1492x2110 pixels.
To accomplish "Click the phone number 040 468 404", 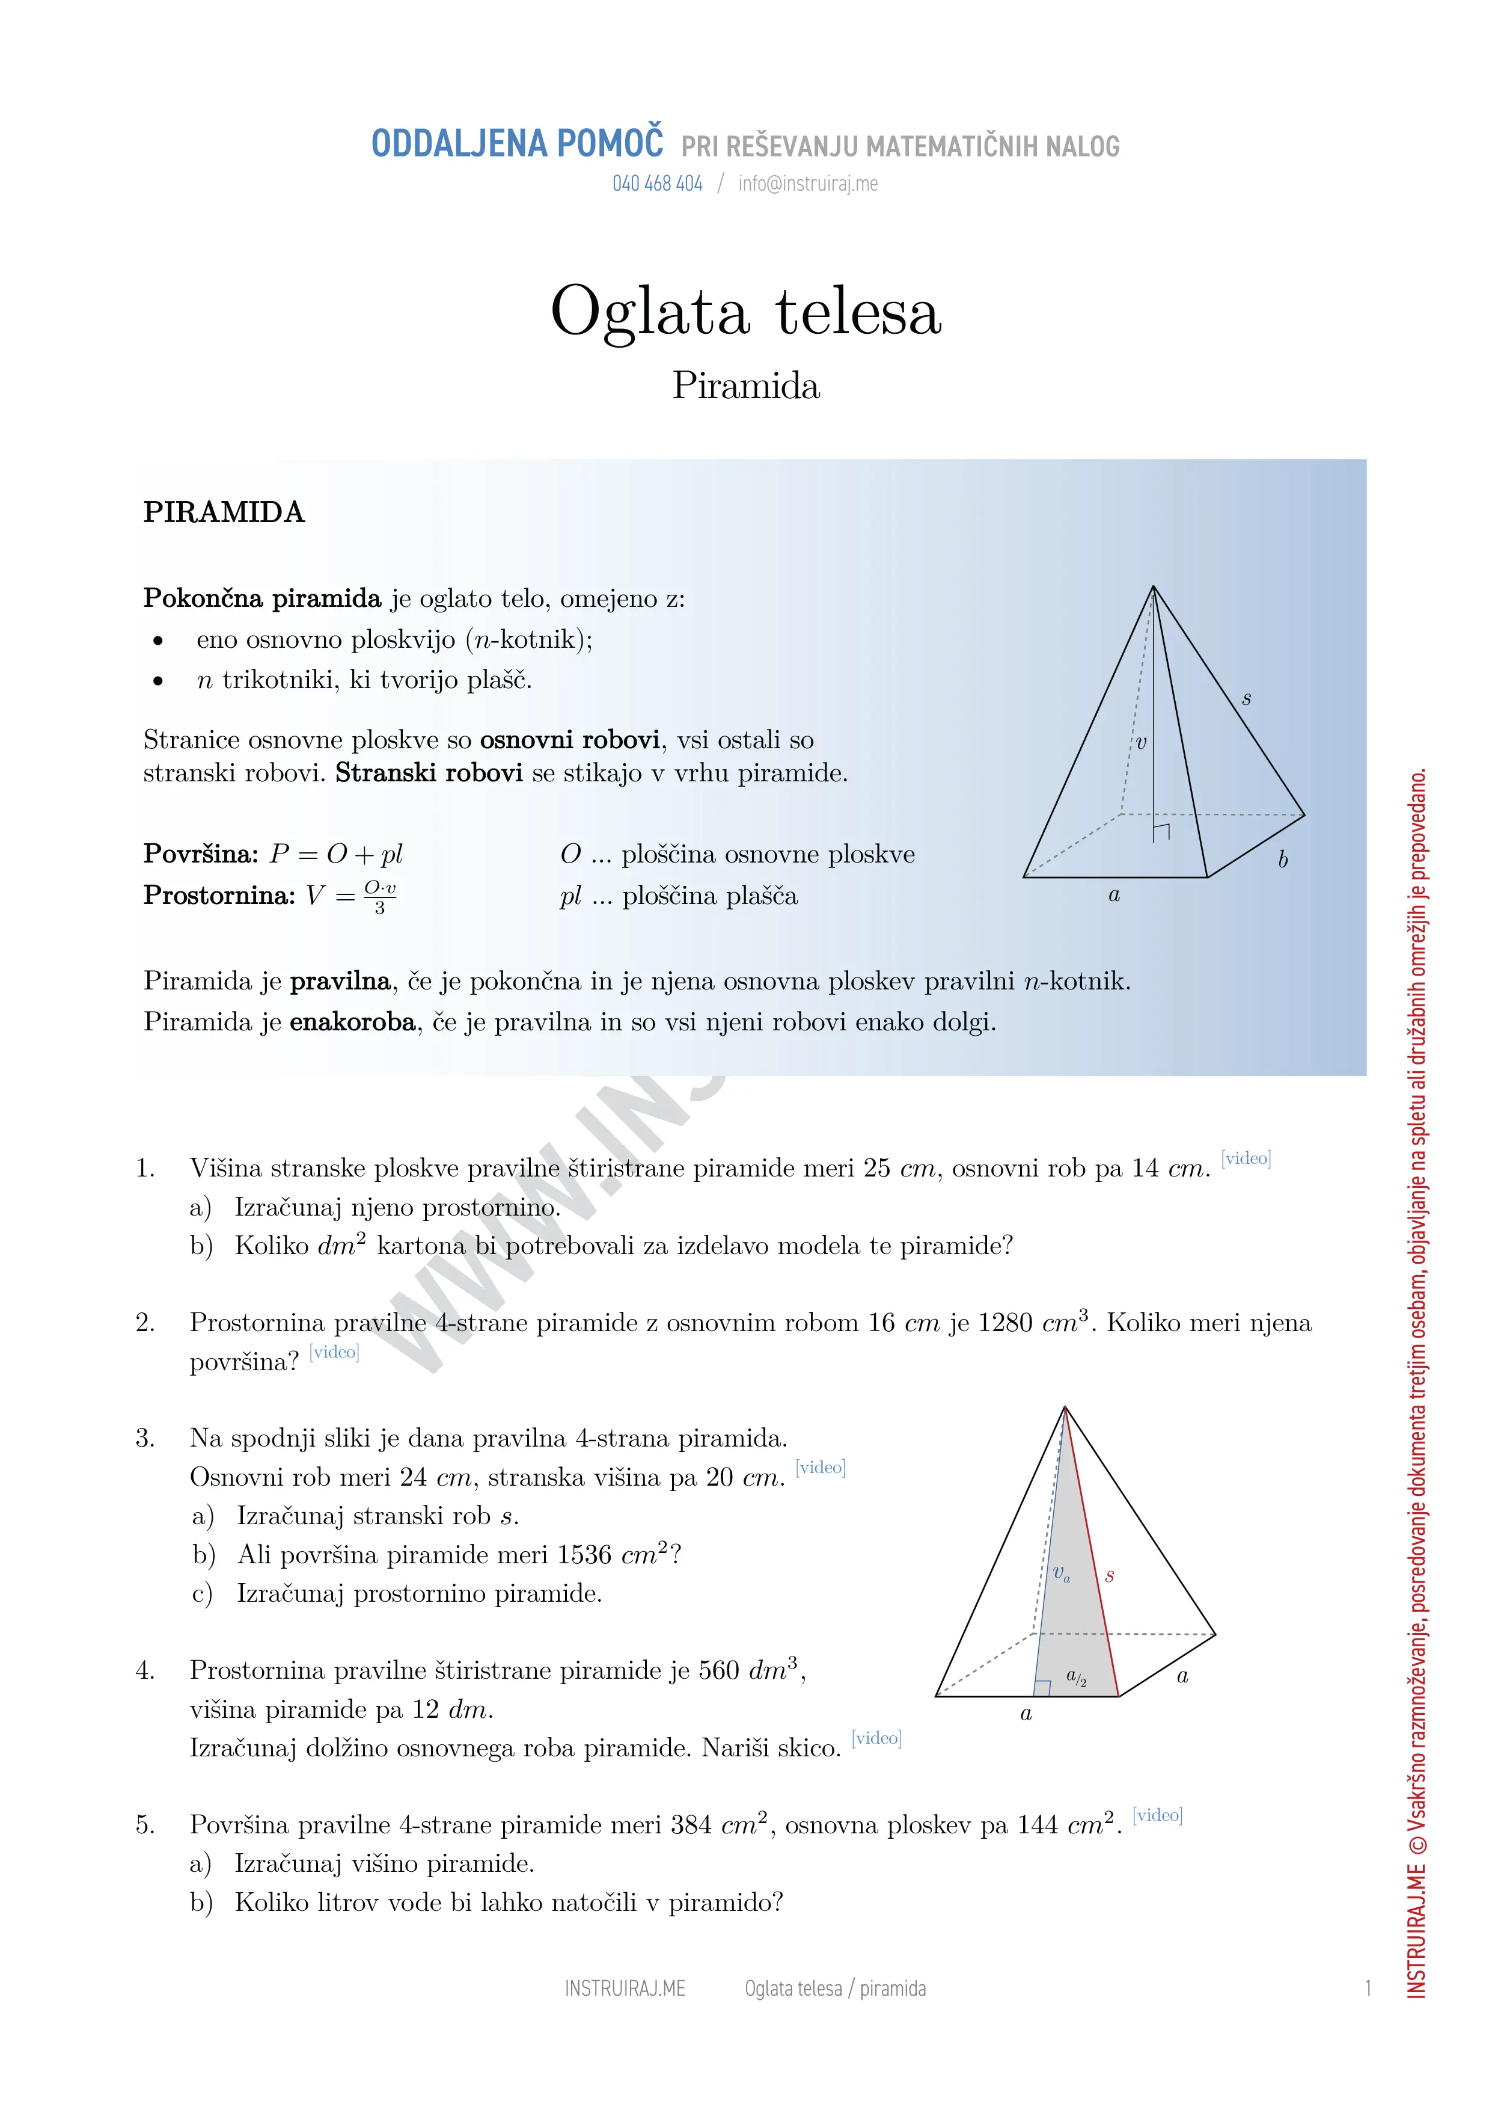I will point(657,184).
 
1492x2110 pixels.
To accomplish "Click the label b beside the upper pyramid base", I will point(1283,860).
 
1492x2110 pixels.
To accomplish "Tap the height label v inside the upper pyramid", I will point(1141,743).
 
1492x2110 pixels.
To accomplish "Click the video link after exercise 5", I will point(1158,1815).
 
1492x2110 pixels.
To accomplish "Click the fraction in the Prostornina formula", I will point(379,896).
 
